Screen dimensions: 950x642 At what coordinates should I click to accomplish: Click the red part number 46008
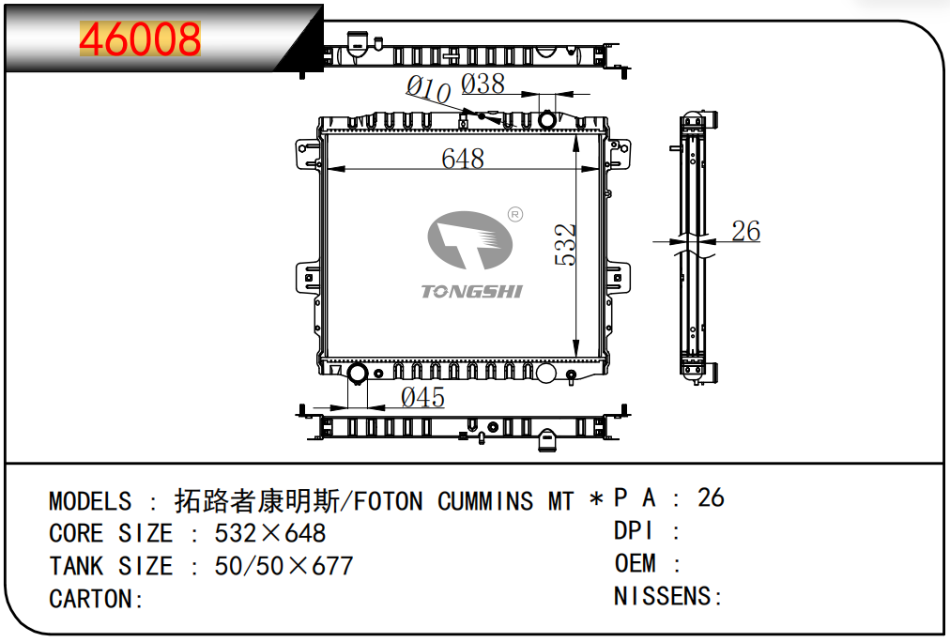140,38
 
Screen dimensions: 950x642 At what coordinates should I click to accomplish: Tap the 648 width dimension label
463,159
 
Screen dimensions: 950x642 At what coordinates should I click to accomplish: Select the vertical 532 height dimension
565,245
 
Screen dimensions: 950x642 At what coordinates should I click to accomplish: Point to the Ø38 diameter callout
483,84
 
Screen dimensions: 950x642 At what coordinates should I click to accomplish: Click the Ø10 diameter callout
428,89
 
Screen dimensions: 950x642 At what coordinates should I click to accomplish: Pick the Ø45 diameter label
422,397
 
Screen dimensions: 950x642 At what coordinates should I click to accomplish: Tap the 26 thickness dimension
745,231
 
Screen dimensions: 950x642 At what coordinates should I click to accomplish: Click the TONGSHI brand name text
471,291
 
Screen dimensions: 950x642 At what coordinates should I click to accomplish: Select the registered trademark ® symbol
515,214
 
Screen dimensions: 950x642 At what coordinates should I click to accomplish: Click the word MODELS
90,501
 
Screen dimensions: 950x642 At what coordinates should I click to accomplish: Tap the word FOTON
389,501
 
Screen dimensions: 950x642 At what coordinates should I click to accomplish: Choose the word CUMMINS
485,501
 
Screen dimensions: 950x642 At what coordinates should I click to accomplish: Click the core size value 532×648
270,533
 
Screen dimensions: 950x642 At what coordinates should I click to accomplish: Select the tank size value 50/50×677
283,566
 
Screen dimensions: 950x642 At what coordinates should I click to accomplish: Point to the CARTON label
97,599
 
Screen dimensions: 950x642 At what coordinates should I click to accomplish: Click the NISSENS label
668,596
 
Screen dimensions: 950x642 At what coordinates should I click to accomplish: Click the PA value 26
711,497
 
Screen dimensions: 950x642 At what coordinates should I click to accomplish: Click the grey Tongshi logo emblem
469,240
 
